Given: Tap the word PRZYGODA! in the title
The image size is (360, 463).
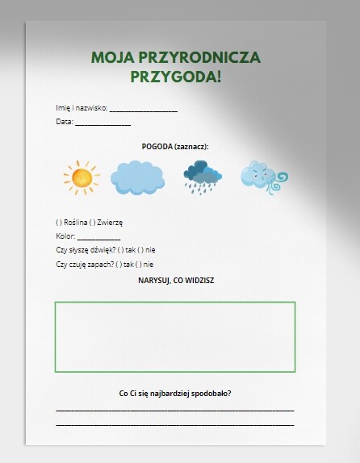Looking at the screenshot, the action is (x=175, y=77).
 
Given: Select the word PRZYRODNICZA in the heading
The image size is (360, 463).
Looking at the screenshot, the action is (x=203, y=58).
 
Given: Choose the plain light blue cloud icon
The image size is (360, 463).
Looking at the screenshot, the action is (x=136, y=178).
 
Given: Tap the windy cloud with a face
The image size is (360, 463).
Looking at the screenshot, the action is (x=262, y=177).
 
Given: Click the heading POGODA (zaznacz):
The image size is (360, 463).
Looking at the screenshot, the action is (x=175, y=147).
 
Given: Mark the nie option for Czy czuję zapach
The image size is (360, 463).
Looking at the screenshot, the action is (x=140, y=264).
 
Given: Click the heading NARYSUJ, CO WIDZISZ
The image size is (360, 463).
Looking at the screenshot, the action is (x=175, y=280).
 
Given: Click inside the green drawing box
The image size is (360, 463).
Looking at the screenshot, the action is (x=175, y=337).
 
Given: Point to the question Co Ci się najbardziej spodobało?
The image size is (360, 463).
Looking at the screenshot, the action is (x=175, y=394).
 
